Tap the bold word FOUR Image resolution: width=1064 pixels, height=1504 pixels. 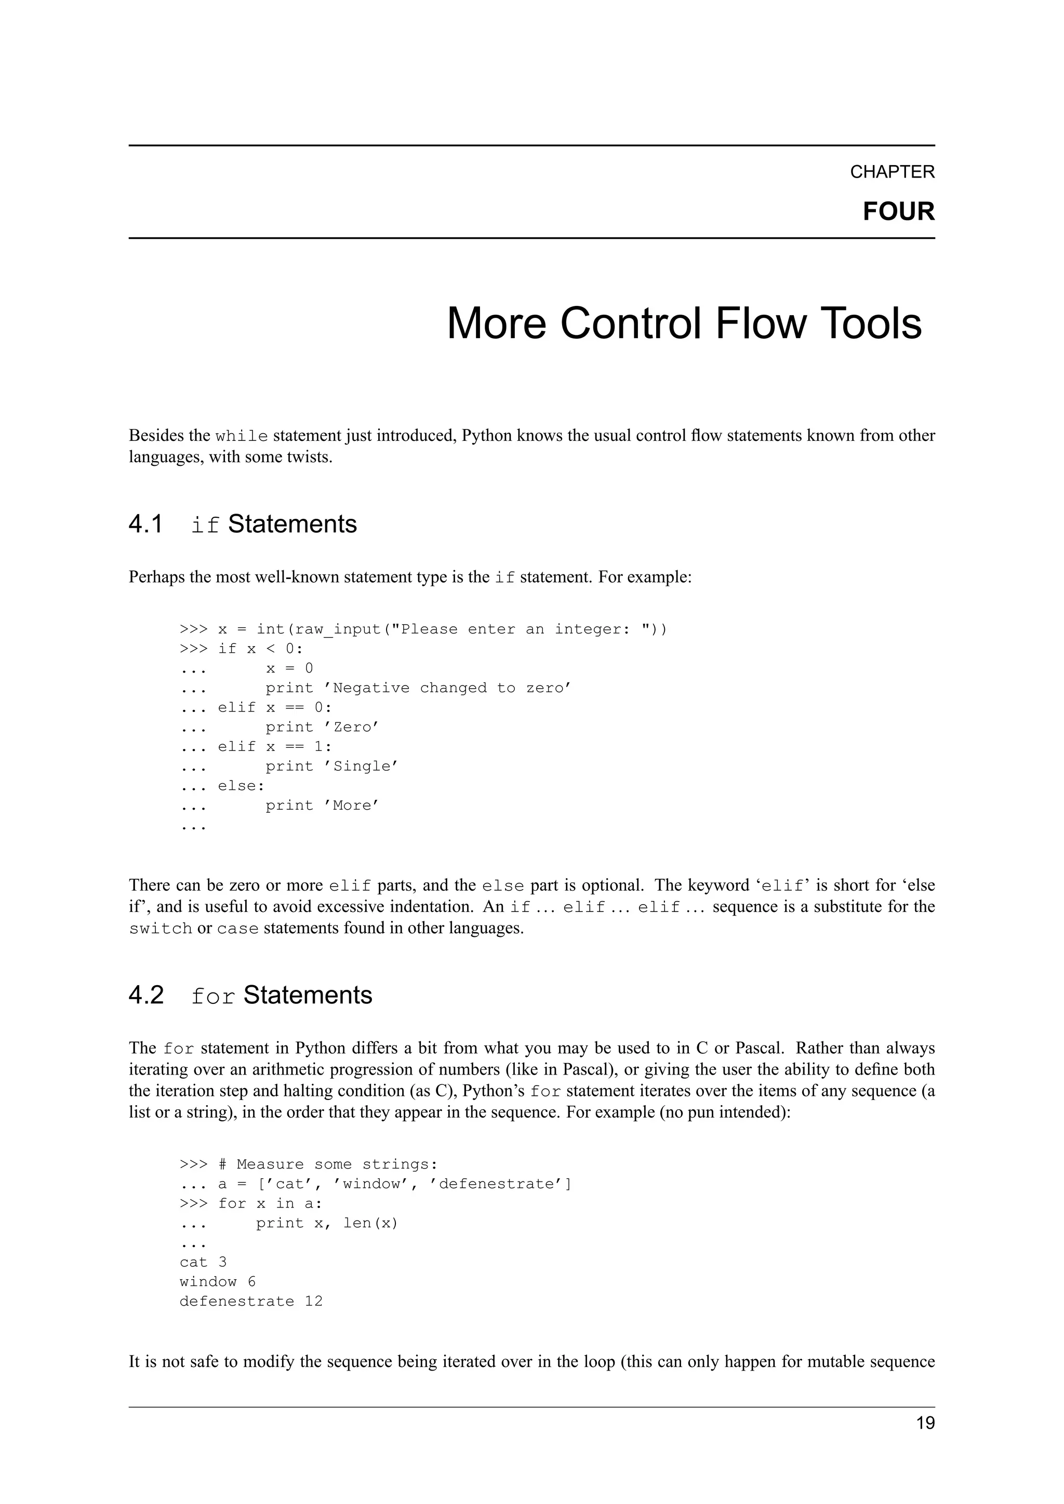coord(898,211)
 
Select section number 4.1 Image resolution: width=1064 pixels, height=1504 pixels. coord(145,525)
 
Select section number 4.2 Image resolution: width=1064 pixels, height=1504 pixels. coord(145,995)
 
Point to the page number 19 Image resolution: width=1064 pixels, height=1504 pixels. coord(925,1424)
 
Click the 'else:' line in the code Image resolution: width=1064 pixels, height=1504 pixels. coord(241,785)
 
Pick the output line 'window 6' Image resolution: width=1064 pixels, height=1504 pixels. coord(218,1281)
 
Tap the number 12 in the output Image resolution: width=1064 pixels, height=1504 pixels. coord(314,1301)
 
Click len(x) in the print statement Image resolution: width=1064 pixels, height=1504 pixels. coord(371,1223)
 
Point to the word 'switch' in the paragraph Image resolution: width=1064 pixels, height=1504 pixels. coord(161,929)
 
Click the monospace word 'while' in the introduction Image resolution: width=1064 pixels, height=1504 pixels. coord(241,436)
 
